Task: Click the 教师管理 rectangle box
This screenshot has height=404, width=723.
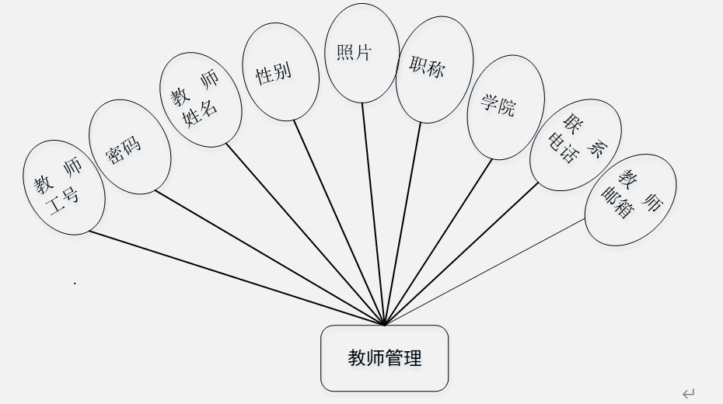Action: (384, 358)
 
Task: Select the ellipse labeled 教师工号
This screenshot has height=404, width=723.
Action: (63, 186)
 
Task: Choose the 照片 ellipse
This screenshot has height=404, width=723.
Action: (361, 53)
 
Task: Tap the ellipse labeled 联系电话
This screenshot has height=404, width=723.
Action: (575, 145)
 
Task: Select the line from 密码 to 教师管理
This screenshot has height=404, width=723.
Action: (268, 256)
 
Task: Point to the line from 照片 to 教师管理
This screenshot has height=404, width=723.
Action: (373, 214)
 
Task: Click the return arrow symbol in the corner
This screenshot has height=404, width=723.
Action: (688, 394)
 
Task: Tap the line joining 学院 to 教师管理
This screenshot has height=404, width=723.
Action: (438, 242)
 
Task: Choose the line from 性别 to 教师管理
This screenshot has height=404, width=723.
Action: (340, 222)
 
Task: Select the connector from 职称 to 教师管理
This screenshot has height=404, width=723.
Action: (402, 223)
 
